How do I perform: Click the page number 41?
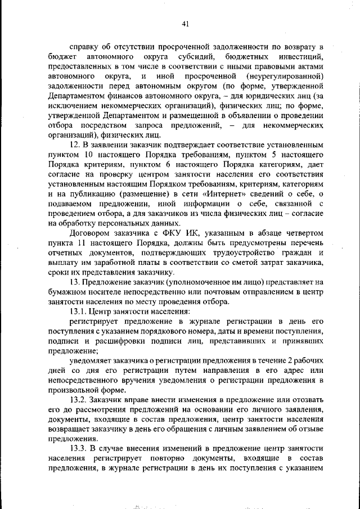[186, 23]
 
